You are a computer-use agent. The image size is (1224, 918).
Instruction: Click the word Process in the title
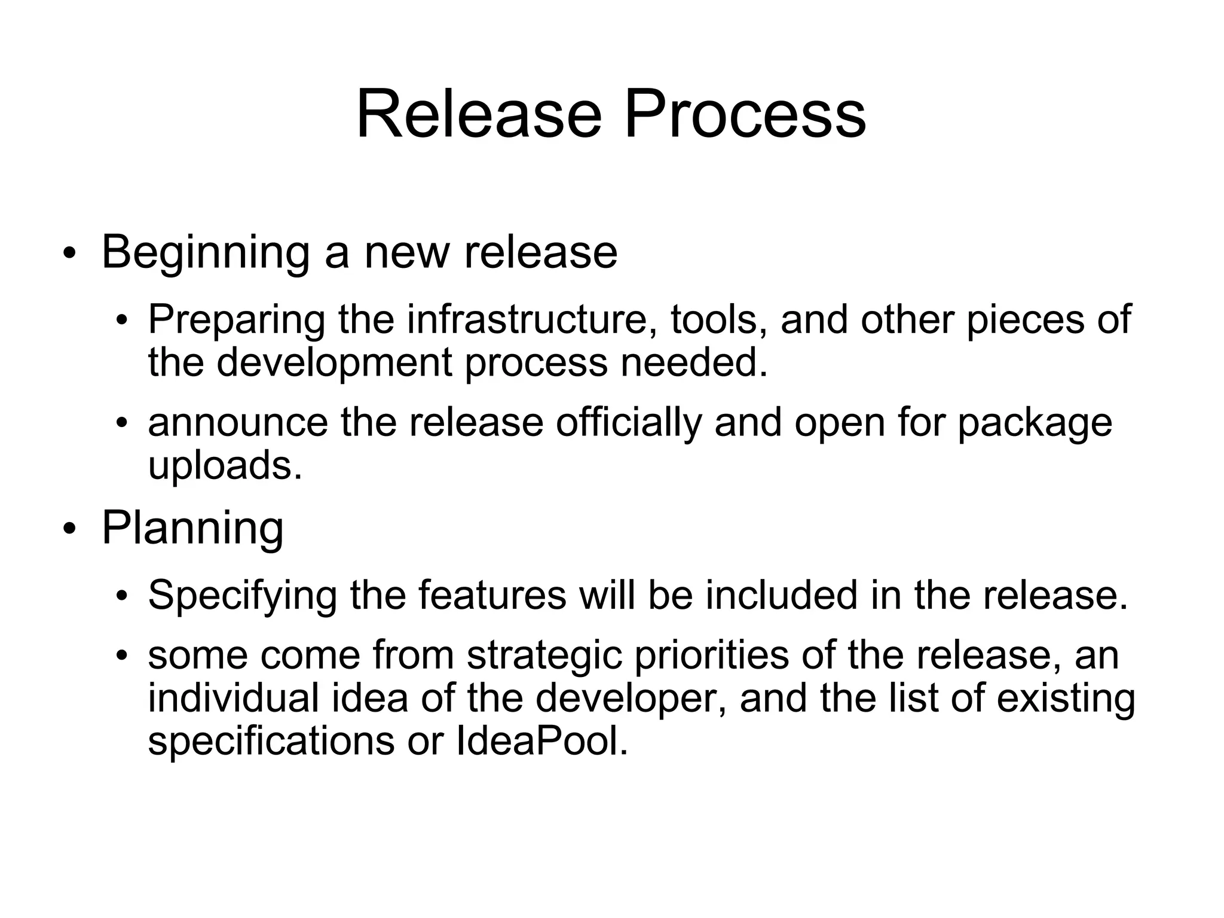(745, 114)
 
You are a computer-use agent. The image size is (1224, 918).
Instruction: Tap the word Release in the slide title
(479, 114)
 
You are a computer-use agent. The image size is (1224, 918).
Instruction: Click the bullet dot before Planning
(70, 529)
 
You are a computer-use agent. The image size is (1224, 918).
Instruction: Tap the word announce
(238, 423)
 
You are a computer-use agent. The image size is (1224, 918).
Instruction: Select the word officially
(628, 423)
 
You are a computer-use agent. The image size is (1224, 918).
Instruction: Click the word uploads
(225, 466)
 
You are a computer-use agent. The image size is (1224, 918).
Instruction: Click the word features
(492, 595)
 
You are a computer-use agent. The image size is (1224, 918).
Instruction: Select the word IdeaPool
(541, 742)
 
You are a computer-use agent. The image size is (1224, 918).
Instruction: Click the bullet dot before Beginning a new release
(70, 254)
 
